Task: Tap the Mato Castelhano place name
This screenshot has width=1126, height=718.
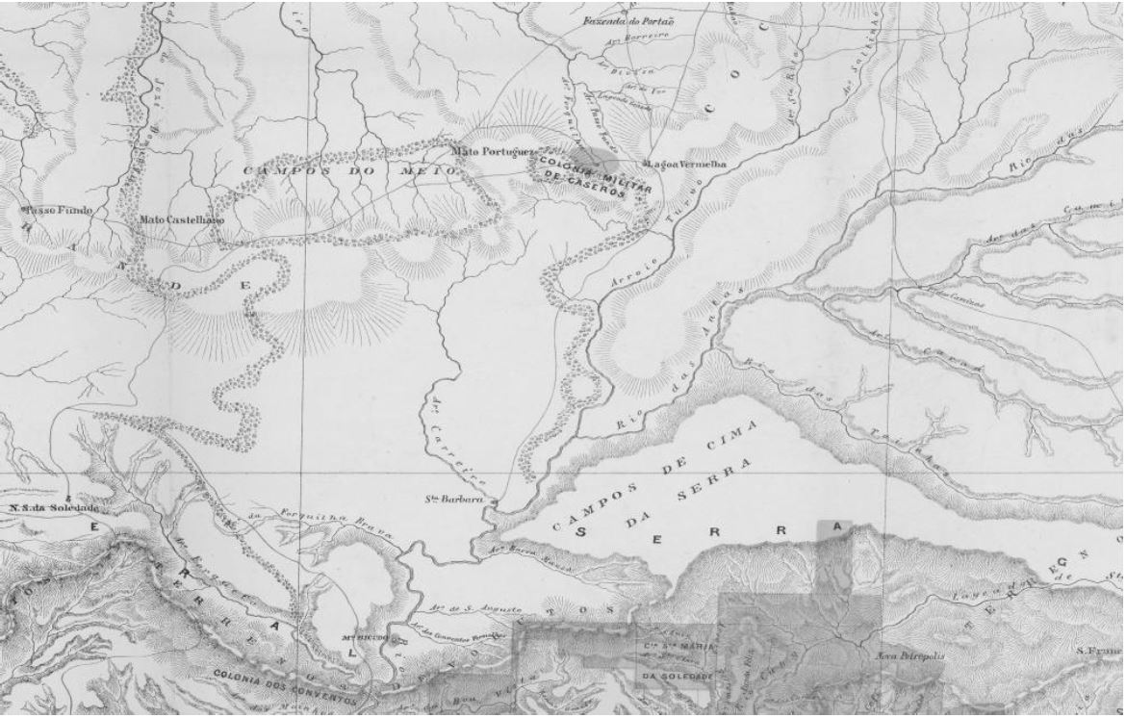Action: pos(182,219)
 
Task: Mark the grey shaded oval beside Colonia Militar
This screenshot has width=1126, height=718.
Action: pos(584,157)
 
